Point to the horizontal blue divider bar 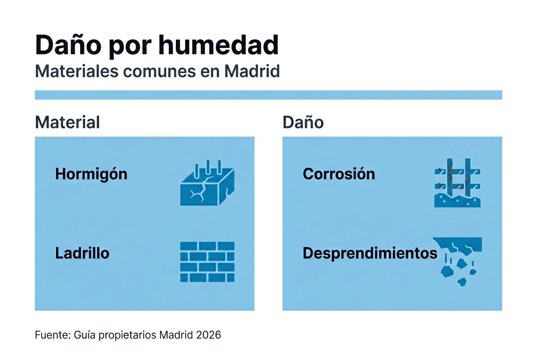[x=268, y=95]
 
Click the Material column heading [x=67, y=122]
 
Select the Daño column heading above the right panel [x=303, y=122]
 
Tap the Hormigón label [x=91, y=174]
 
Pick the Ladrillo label [x=82, y=253]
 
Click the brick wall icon [x=207, y=262]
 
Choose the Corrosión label [x=339, y=174]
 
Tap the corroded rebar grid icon [x=458, y=183]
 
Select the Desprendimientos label [x=370, y=253]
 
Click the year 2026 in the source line [x=209, y=335]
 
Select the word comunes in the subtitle [x=158, y=71]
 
